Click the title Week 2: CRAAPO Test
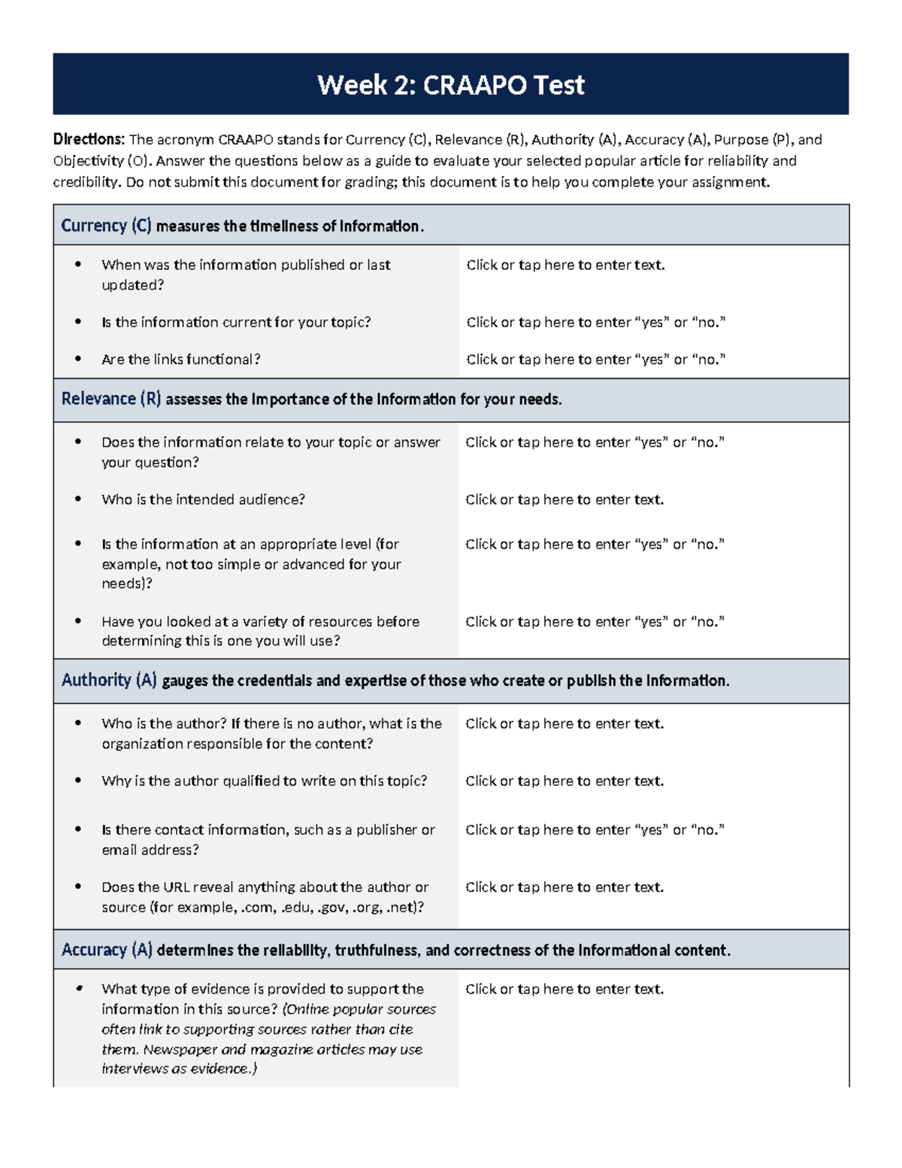[x=450, y=85]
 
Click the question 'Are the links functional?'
[x=180, y=360]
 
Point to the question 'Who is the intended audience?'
[x=203, y=499]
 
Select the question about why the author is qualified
[x=264, y=781]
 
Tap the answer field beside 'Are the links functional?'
[x=595, y=360]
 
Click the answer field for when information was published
[x=565, y=265]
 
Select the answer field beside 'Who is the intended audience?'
[x=565, y=499]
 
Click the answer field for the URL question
[x=565, y=887]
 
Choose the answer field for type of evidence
[x=565, y=989]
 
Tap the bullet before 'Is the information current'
[x=78, y=322]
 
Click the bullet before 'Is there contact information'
[x=78, y=830]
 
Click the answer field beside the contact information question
[x=595, y=830]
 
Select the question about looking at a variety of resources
[x=260, y=631]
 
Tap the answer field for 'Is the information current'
[x=595, y=322]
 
